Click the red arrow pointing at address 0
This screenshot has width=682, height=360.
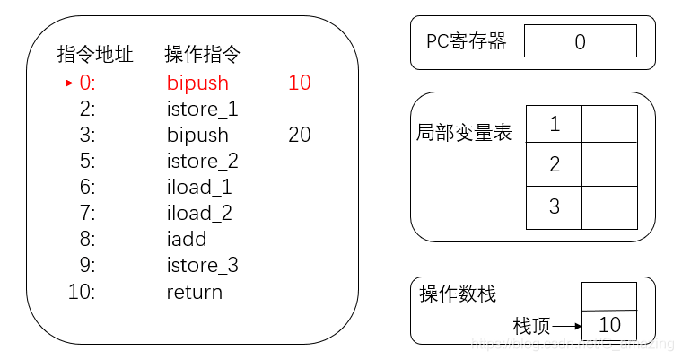(56, 83)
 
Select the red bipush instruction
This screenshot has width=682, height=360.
(197, 83)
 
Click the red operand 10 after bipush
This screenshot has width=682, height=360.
(299, 83)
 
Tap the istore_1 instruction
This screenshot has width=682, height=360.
(202, 110)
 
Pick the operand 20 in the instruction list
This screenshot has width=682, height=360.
(299, 136)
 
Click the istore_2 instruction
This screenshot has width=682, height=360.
(202, 162)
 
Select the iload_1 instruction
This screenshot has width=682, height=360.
(199, 188)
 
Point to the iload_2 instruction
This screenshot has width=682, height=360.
(199, 214)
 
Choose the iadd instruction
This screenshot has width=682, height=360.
(187, 240)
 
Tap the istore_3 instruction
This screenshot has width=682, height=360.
(202, 266)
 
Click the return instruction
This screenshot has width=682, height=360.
(194, 293)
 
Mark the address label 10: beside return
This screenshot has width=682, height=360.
(81, 293)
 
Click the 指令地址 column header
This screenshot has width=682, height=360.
(95, 55)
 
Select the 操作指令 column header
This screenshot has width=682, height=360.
(203, 55)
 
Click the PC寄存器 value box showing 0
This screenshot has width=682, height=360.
(580, 41)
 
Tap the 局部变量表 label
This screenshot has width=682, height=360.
(464, 133)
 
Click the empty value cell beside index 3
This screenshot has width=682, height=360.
(609, 207)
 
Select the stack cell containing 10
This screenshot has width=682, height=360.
(609, 325)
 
